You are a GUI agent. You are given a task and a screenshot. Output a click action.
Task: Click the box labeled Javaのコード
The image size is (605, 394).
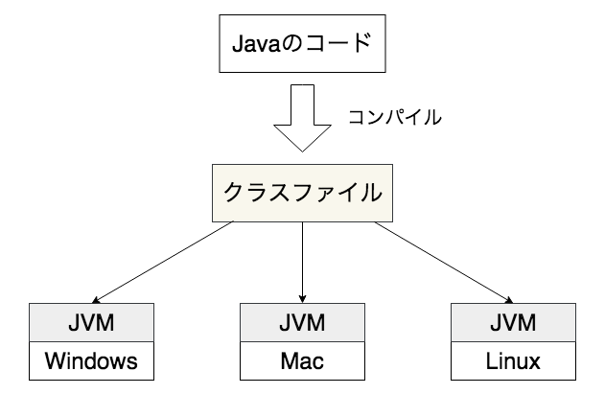pyautogui.click(x=303, y=43)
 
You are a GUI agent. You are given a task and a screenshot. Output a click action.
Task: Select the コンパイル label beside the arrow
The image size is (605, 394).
pyautogui.click(x=395, y=117)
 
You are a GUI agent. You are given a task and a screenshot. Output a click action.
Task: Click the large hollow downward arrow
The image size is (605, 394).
pyautogui.click(x=303, y=120)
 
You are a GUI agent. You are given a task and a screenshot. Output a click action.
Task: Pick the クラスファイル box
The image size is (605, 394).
pyautogui.click(x=303, y=192)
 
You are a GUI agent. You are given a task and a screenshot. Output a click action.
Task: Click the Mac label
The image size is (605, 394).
pyautogui.click(x=303, y=361)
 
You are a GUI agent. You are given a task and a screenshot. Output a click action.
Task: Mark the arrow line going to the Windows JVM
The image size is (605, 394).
pyautogui.click(x=163, y=261)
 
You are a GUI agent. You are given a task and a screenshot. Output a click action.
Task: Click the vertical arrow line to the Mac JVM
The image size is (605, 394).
pyautogui.click(x=303, y=259)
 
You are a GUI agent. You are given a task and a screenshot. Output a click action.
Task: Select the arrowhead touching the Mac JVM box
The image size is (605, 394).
pyautogui.click(x=303, y=298)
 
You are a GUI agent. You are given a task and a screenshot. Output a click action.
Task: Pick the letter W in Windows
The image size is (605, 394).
pyautogui.click(x=57, y=361)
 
